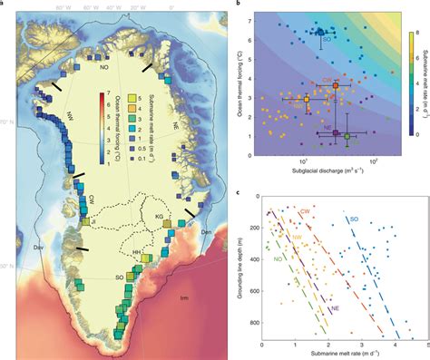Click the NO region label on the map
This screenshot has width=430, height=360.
(103, 66)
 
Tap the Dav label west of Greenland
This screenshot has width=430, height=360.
(13, 248)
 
